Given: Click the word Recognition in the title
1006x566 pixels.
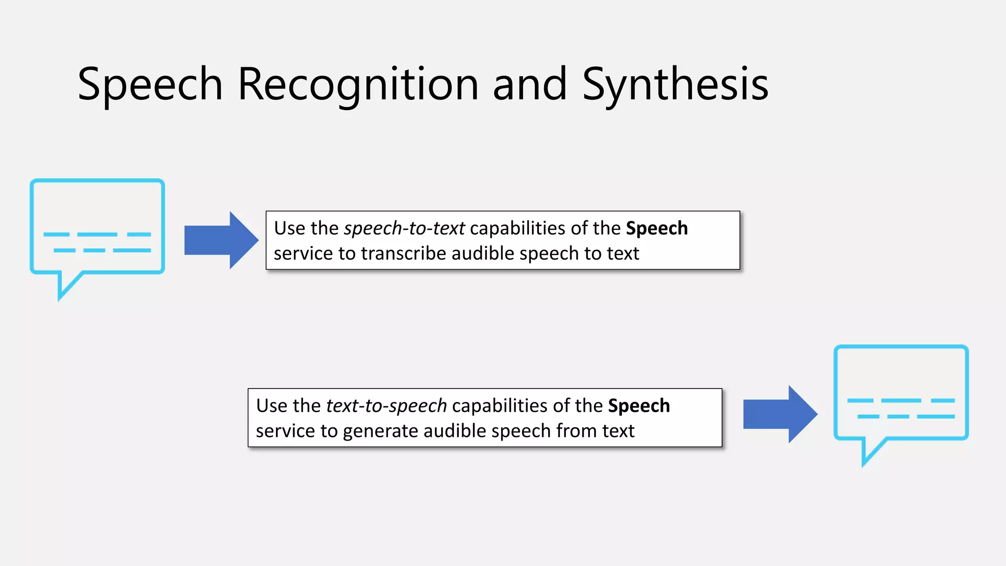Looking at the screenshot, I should tap(358, 85).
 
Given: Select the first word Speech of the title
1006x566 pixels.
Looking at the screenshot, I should tap(150, 85).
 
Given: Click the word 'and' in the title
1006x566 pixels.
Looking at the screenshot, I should tap(530, 85).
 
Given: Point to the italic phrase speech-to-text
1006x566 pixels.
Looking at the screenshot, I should tap(404, 228).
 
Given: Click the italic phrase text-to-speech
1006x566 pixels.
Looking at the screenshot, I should tap(386, 406).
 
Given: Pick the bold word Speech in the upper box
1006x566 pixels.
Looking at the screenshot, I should tap(657, 228).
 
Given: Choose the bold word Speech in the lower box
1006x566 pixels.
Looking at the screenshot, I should tap(639, 406).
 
